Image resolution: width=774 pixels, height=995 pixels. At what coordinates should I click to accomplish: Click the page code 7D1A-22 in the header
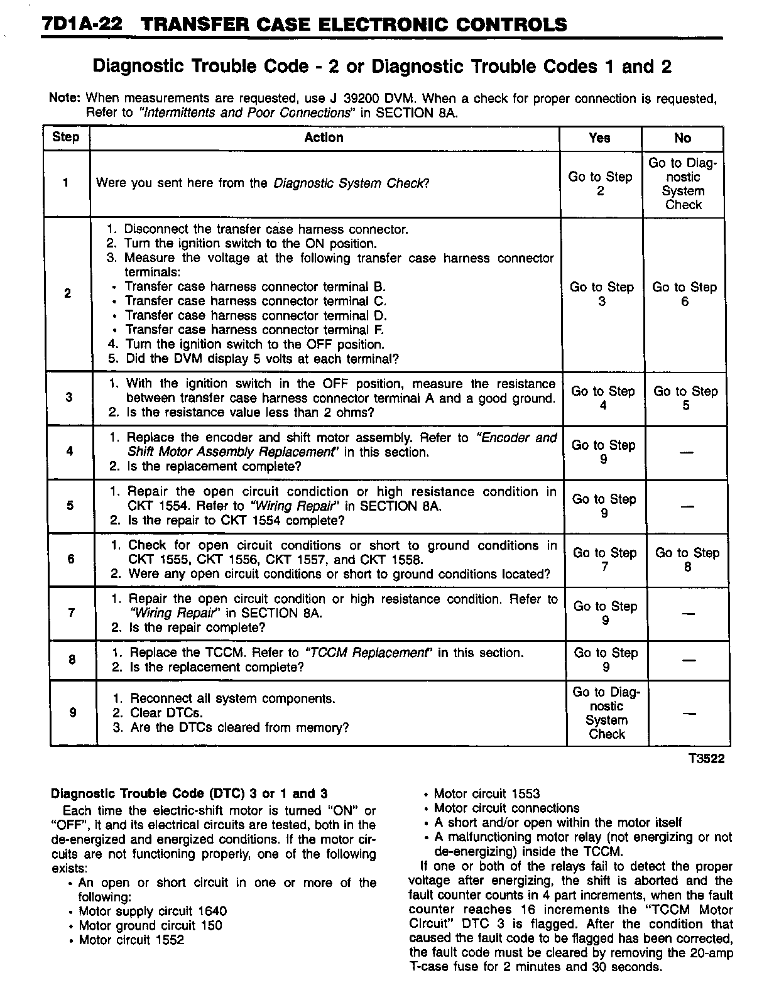[x=82, y=25]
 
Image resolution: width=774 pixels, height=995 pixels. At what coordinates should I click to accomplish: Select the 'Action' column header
[x=324, y=138]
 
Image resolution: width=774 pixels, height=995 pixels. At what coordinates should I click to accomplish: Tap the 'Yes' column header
[x=599, y=138]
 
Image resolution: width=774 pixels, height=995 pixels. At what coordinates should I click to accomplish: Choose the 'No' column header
[x=682, y=138]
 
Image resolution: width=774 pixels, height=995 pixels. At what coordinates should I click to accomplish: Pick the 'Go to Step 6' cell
[x=684, y=294]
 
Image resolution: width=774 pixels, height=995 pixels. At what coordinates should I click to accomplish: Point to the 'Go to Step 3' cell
[x=601, y=294]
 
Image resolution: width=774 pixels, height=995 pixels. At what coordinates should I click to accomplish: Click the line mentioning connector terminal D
[x=256, y=315]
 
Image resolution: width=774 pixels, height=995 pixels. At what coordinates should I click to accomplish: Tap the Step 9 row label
[x=73, y=712]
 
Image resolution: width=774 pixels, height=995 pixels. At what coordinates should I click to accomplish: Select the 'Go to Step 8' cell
[x=687, y=560]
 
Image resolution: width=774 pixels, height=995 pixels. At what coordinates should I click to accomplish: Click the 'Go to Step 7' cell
[x=604, y=560]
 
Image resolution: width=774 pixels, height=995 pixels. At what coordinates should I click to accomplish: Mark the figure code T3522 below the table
[x=706, y=759]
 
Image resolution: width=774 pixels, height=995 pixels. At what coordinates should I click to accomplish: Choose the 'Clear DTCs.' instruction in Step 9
[x=166, y=713]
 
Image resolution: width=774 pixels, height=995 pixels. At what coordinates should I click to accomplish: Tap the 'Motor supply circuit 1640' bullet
[x=153, y=911]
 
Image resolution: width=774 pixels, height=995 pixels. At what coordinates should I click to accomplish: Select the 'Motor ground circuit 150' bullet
[x=150, y=925]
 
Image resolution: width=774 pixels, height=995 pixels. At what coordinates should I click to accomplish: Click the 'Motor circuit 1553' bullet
[x=486, y=794]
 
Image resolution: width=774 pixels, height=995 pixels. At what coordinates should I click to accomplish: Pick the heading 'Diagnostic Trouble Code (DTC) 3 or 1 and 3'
[x=188, y=793]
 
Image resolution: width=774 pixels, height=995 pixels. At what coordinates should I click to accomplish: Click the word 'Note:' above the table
[x=65, y=99]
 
